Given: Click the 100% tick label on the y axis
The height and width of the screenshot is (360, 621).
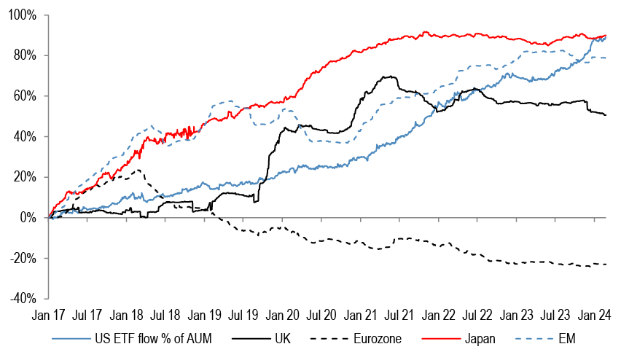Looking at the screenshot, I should pyautogui.click(x=25, y=15).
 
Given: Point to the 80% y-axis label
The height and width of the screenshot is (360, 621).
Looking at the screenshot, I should pyautogui.click(x=28, y=55).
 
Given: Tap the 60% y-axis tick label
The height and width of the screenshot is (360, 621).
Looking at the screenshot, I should pyautogui.click(x=28, y=96).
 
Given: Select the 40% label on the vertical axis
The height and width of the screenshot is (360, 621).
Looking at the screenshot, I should pyautogui.click(x=28, y=136).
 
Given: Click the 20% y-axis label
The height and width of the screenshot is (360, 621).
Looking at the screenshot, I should pyautogui.click(x=28, y=177).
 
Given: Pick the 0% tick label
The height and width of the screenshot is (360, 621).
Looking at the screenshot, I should pyautogui.click(x=31, y=217).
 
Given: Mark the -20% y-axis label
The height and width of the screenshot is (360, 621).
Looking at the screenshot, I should pyautogui.click(x=26, y=258).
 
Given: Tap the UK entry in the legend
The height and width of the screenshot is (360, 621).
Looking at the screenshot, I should pyautogui.click(x=281, y=339).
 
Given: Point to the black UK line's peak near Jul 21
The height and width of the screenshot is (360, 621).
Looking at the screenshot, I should pyautogui.click(x=392, y=77).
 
